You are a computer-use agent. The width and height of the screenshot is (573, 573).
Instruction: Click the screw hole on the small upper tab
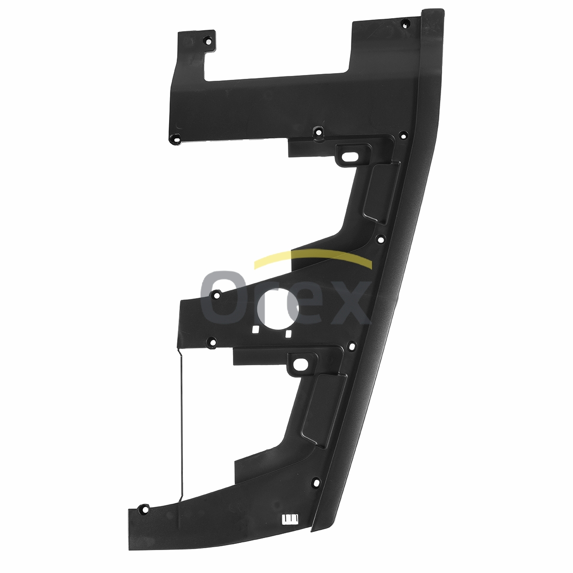[x=208, y=42]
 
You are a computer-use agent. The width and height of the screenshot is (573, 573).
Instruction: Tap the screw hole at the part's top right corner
[x=405, y=23]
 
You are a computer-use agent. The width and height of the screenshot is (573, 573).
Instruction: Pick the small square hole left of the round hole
[x=255, y=329]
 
